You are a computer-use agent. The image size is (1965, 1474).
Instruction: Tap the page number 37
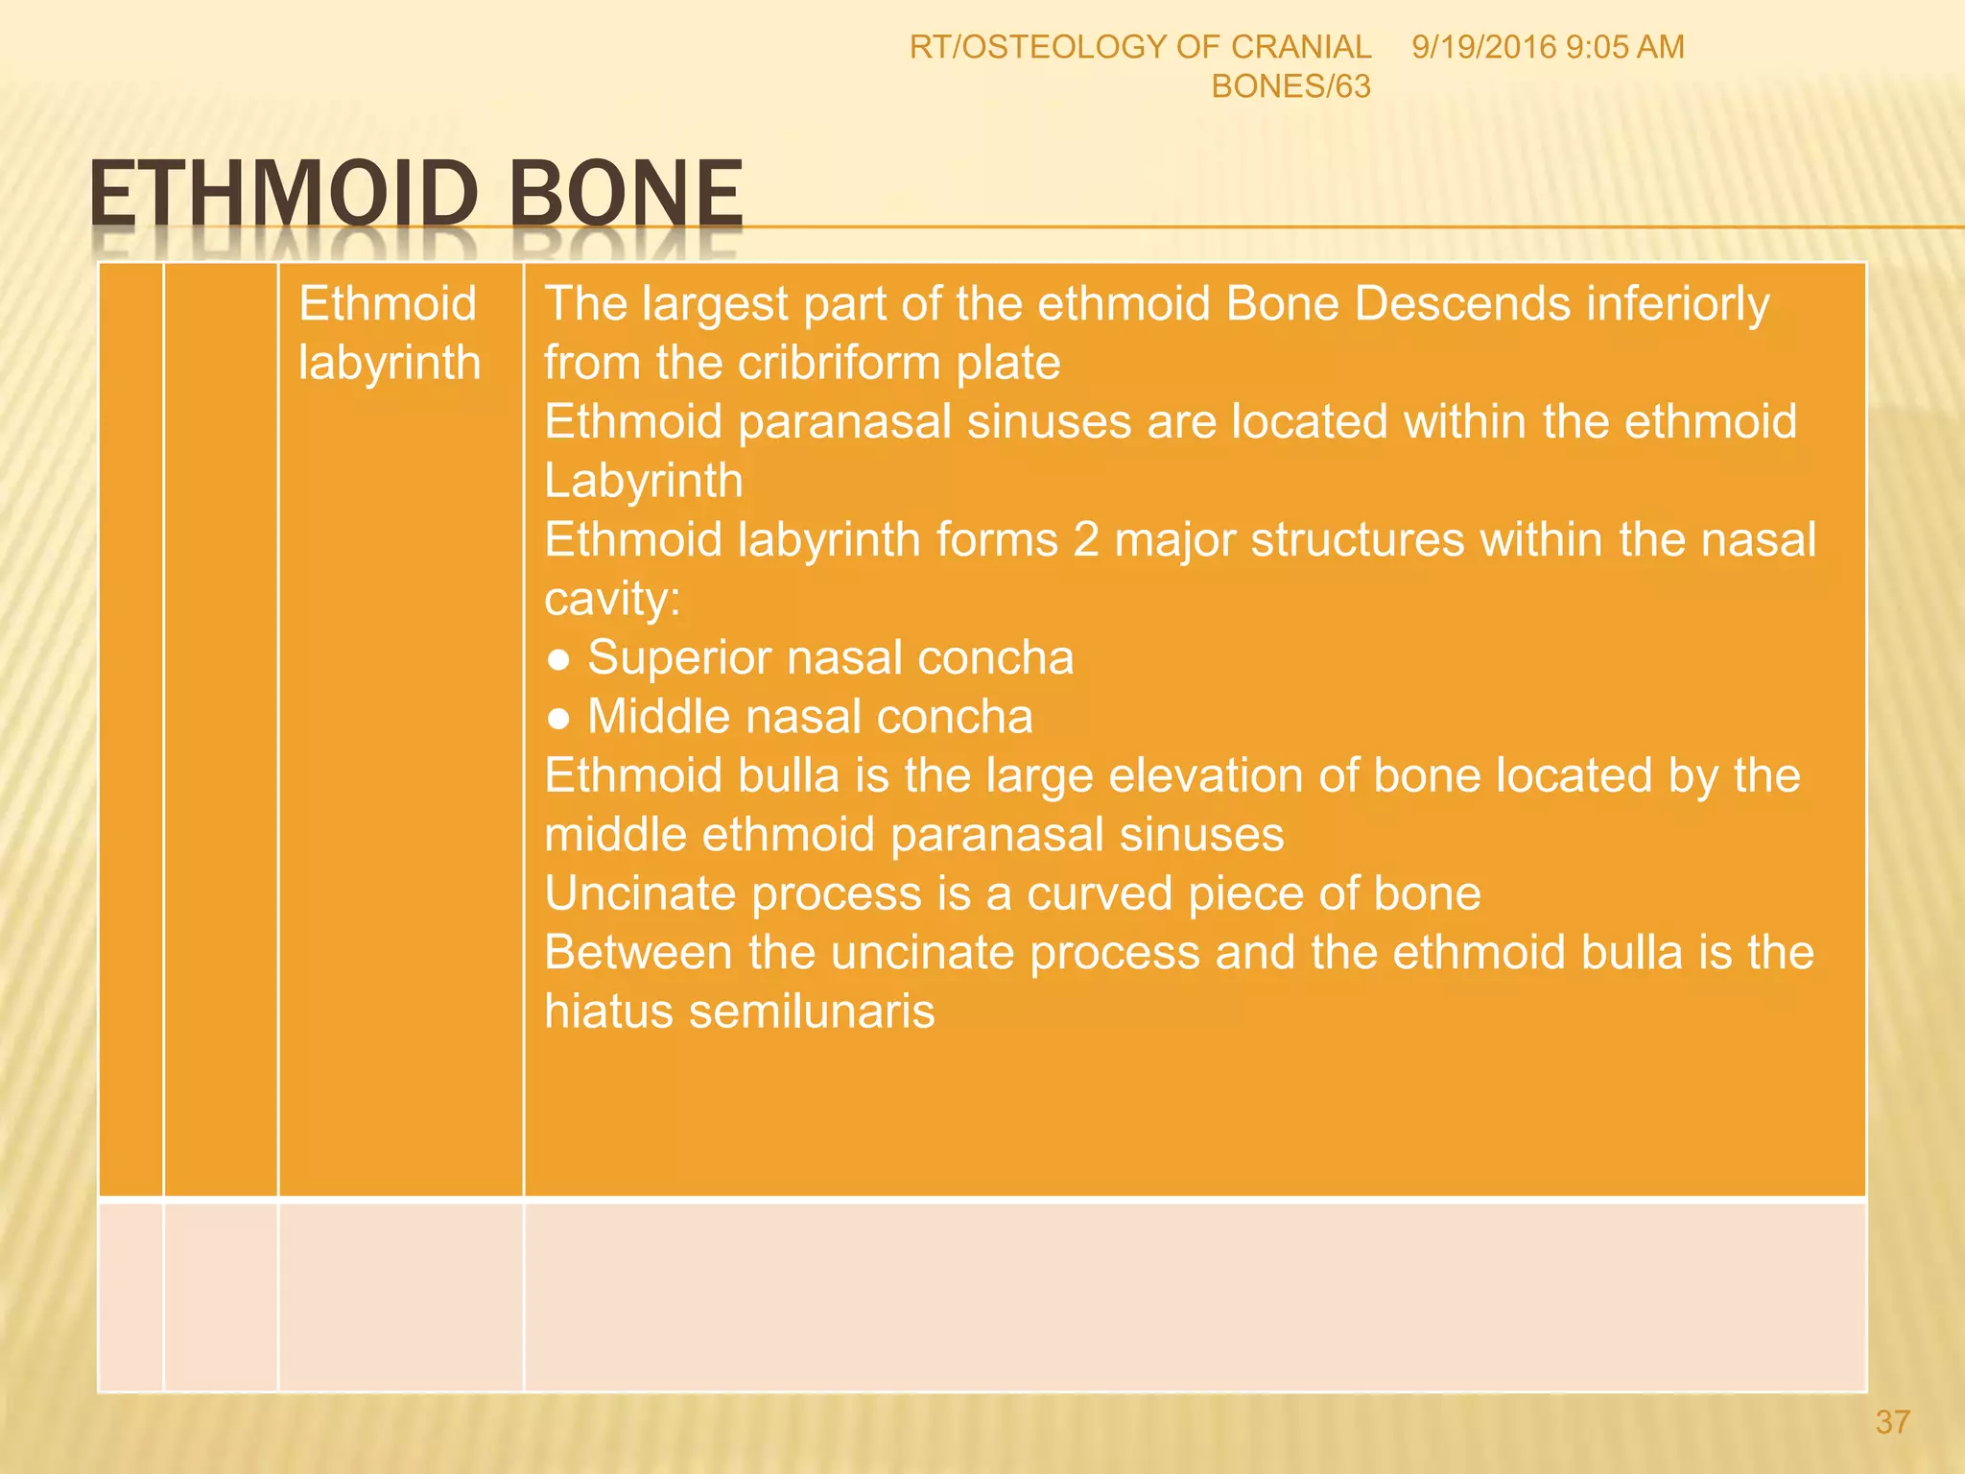(1892, 1421)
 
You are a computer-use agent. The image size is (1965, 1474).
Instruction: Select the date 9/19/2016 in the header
(1483, 47)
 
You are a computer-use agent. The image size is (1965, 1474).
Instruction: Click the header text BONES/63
(1290, 86)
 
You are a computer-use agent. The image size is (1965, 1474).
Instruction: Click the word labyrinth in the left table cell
(389, 363)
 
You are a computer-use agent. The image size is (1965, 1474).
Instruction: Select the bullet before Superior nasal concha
(558, 659)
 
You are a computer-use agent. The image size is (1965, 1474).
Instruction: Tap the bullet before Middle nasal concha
(558, 719)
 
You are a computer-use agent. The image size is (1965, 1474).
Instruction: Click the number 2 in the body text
(1085, 539)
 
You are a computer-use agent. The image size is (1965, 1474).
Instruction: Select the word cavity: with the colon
(612, 600)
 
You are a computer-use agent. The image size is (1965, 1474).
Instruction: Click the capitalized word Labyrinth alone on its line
(643, 481)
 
